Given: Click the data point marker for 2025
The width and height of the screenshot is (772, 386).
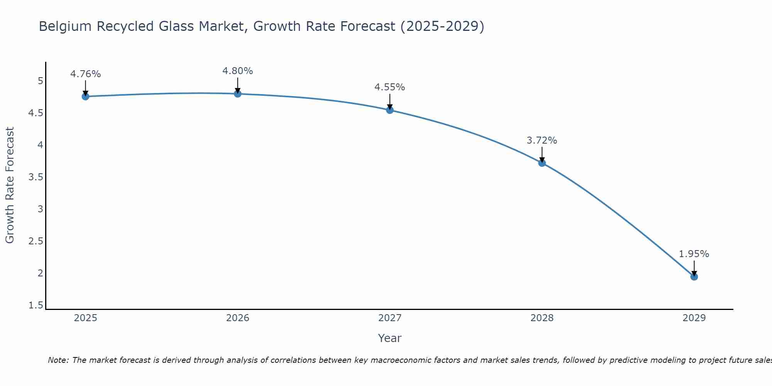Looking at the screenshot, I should pos(86,96).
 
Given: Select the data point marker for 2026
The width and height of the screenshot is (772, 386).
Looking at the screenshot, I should pos(238,94).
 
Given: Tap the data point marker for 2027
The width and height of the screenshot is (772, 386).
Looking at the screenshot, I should pos(390,110).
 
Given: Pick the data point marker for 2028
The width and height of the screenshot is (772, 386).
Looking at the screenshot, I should pos(542,163).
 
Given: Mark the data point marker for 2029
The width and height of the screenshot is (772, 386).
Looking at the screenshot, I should pos(694,277).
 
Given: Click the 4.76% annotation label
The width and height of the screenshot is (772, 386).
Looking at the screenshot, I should pos(86,74).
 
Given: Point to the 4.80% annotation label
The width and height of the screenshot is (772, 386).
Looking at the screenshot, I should pos(238,71).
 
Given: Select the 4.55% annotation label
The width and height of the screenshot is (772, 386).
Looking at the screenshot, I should pos(390,87).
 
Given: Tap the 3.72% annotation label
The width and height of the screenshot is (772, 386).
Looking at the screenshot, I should pos(542,141).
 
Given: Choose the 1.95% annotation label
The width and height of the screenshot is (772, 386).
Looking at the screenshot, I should pos(694,254).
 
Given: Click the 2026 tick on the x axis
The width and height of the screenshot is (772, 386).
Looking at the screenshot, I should pos(238,318).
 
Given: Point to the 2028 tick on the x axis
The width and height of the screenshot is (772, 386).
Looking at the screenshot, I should pos(542,318).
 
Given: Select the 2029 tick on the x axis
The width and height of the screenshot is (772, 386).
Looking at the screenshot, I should pos(694,318).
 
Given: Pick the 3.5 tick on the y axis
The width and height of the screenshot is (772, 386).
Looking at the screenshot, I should pos(36,177).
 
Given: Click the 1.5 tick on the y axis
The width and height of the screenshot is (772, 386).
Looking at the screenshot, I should pos(36,305).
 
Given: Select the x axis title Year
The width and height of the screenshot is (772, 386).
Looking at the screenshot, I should pos(390,338).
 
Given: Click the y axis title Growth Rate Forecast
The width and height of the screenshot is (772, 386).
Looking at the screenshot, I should pos(10,185).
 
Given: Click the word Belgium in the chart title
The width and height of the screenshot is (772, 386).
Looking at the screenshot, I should pos(65,26).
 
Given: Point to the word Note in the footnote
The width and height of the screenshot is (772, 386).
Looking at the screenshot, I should pos(58,360).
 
